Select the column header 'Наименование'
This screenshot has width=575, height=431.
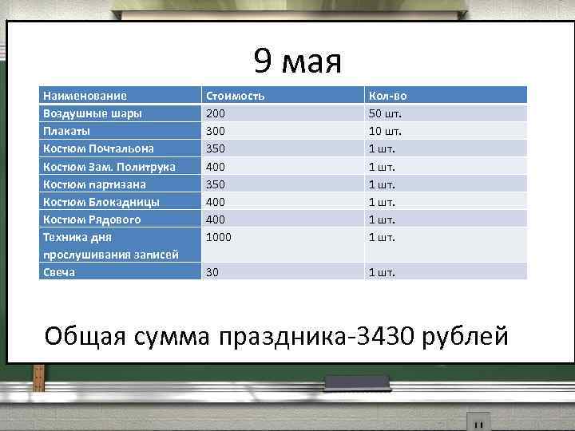tap(84, 96)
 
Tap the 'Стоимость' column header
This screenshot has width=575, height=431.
tap(235, 96)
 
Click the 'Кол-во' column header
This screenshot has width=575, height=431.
tap(387, 96)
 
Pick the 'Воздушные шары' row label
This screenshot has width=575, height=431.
tap(92, 113)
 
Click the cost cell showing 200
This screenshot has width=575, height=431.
tap(216, 113)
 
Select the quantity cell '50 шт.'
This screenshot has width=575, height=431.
tap(385, 113)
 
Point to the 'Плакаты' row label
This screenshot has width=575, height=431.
tap(66, 131)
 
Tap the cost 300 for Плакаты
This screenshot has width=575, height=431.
tap(216, 131)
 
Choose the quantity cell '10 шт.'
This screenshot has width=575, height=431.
tap(385, 131)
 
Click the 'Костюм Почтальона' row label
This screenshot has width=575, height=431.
tap(98, 148)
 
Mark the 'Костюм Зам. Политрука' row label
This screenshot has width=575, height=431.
tap(109, 166)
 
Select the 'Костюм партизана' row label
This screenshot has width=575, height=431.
tap(94, 184)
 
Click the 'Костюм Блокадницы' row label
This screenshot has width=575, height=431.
tap(101, 201)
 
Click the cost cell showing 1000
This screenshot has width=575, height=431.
tap(219, 237)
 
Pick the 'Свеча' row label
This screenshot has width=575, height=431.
tap(58, 272)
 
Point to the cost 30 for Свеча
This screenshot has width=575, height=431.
tap(212, 272)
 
